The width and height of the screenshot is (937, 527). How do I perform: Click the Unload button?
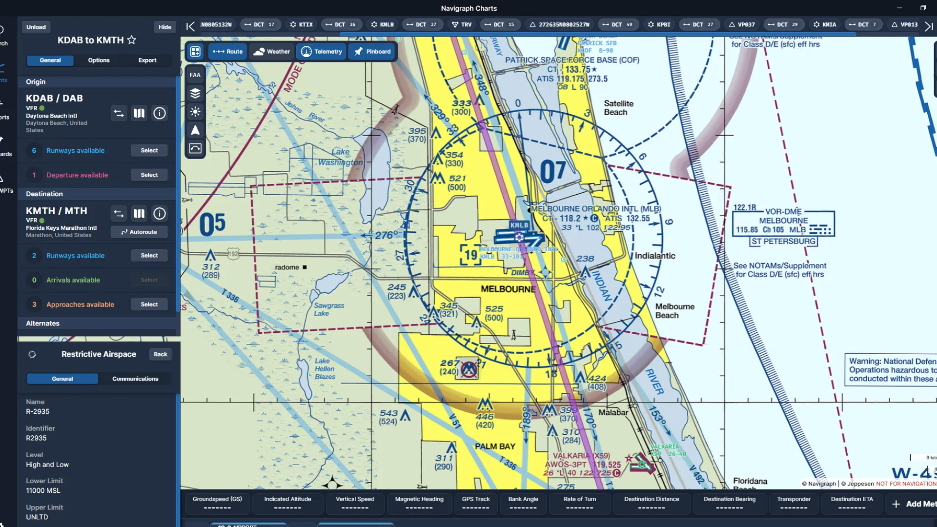click(x=36, y=27)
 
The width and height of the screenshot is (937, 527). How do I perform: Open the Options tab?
click(x=99, y=61)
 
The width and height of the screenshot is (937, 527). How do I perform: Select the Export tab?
click(x=147, y=61)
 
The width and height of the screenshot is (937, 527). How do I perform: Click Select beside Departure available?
click(x=149, y=175)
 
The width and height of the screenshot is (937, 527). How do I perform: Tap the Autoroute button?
click(x=139, y=232)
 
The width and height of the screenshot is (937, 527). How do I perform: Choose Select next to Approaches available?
click(x=149, y=304)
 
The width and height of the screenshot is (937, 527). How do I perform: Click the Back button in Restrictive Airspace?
click(x=160, y=355)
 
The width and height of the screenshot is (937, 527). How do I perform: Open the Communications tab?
click(x=135, y=379)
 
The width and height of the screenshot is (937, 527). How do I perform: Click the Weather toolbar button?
click(x=272, y=52)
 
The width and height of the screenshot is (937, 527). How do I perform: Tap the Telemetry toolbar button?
click(x=322, y=52)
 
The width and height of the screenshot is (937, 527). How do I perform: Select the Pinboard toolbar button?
click(x=372, y=52)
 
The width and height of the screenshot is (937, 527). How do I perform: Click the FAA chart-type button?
click(x=195, y=75)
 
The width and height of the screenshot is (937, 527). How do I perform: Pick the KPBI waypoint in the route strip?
click(x=659, y=24)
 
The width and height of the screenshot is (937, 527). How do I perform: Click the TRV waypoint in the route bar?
click(x=462, y=24)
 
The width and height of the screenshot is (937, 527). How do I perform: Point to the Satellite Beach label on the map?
click(x=618, y=108)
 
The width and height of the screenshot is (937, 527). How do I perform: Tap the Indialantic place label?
click(x=655, y=256)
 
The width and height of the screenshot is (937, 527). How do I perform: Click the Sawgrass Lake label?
click(x=328, y=309)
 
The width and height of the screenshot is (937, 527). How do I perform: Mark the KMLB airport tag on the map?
click(x=519, y=225)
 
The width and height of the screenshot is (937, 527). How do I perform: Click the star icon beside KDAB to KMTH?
click(x=132, y=40)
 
